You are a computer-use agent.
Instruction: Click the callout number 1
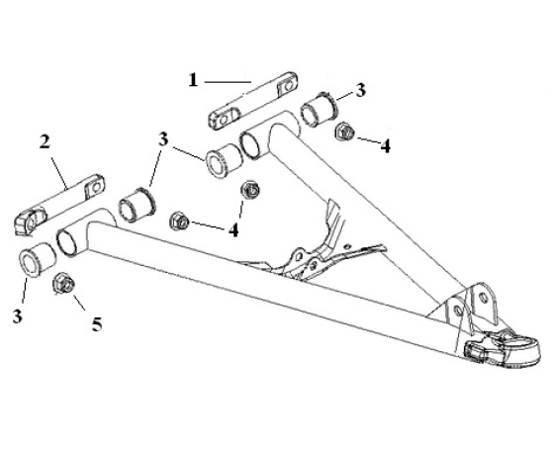point(193,80)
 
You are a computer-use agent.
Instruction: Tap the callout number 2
point(45,142)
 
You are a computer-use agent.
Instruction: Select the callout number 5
point(97,324)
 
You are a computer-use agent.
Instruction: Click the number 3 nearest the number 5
point(18,315)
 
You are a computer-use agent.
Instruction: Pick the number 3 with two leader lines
point(163,139)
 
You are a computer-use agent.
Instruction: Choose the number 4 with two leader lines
point(233,230)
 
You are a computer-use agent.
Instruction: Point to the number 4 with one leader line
point(386,146)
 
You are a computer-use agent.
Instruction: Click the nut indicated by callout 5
point(63,283)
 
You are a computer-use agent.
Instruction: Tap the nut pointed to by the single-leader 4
point(344,132)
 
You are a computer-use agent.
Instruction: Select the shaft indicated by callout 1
point(252,101)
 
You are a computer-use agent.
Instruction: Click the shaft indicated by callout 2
point(60,203)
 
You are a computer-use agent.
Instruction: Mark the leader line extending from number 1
point(228,82)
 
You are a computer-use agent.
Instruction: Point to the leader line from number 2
point(59,173)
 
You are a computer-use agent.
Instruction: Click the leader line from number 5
point(79,302)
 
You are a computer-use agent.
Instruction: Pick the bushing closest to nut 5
point(38,259)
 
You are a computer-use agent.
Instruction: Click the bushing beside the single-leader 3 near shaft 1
point(320,109)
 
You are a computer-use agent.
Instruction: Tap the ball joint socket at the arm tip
point(502,349)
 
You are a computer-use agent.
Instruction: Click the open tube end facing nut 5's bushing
point(67,241)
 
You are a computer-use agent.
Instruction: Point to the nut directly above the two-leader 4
point(250,190)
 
